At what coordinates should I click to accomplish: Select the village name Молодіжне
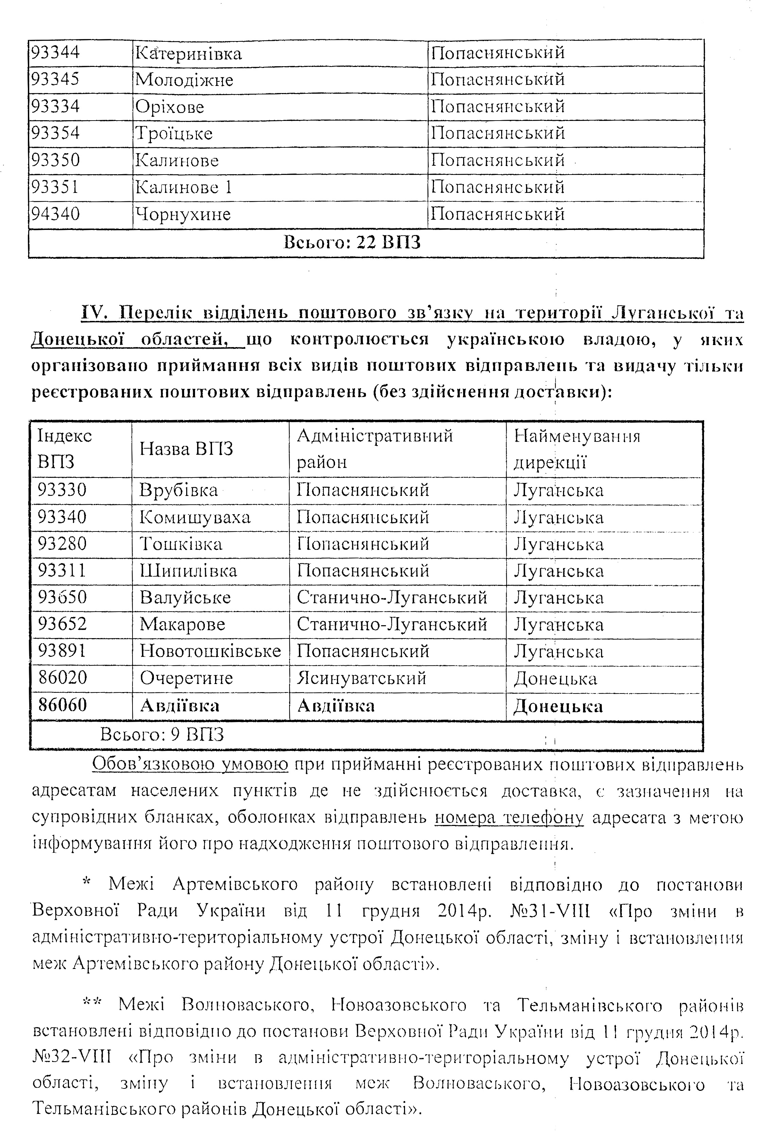pyautogui.click(x=184, y=80)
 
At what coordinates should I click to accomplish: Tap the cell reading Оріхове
pyautogui.click(x=170, y=107)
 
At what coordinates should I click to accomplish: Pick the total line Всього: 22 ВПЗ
pyautogui.click(x=352, y=242)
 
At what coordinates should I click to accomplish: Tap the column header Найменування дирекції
pyautogui.click(x=577, y=449)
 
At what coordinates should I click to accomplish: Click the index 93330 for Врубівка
pyautogui.click(x=62, y=490)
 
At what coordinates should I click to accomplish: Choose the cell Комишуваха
pyautogui.click(x=195, y=517)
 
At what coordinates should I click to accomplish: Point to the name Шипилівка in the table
pyautogui.click(x=188, y=571)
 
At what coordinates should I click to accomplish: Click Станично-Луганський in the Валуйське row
pyautogui.click(x=392, y=597)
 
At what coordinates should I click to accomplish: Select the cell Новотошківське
pyautogui.click(x=210, y=651)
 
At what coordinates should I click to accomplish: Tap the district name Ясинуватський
pyautogui.click(x=361, y=678)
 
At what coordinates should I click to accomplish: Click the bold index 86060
pyautogui.click(x=63, y=705)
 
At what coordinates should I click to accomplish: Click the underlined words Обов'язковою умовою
pyautogui.click(x=190, y=764)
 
